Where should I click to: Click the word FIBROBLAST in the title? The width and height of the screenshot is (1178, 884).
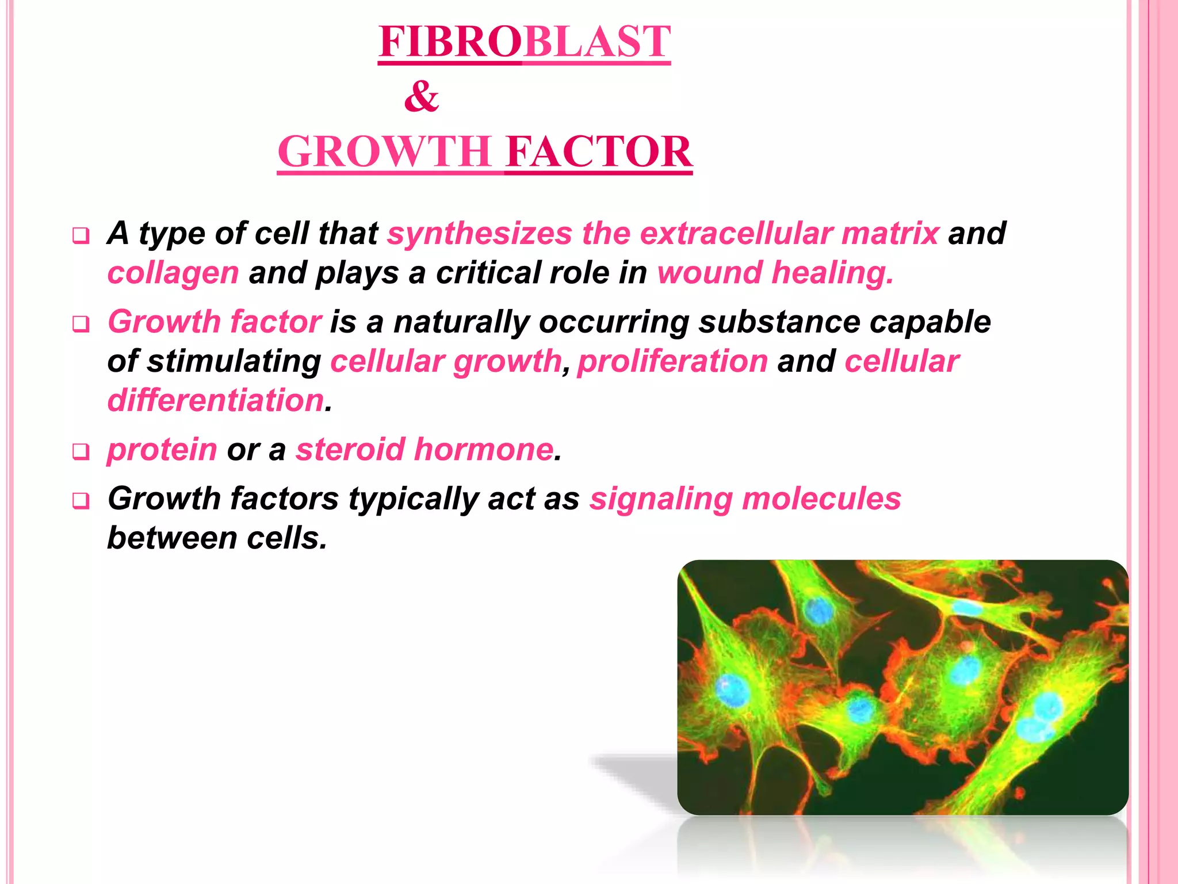(x=524, y=42)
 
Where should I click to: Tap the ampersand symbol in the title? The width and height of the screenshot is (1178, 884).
(x=421, y=96)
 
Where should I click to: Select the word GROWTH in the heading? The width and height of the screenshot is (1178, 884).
(x=384, y=151)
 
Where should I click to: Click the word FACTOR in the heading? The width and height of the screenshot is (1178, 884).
(x=599, y=151)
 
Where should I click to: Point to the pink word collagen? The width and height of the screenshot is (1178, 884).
(x=173, y=272)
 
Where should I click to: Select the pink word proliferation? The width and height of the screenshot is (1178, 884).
(x=672, y=361)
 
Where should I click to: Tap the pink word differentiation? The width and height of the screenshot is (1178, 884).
(x=216, y=400)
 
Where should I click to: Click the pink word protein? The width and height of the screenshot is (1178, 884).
(x=162, y=449)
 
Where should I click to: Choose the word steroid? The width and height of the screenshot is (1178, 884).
(x=350, y=449)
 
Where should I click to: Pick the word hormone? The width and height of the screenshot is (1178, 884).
(x=483, y=449)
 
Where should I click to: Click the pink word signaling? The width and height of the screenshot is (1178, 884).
(x=660, y=498)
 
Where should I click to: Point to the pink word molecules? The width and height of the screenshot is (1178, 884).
(x=821, y=498)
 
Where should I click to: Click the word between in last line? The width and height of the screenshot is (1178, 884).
(x=172, y=538)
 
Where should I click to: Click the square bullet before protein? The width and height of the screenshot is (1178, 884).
(x=81, y=452)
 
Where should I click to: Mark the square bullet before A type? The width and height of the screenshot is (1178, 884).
(x=81, y=235)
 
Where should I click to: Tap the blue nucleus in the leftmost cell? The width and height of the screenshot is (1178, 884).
(x=732, y=690)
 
